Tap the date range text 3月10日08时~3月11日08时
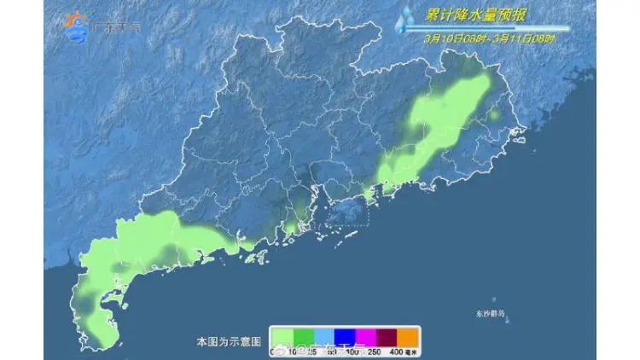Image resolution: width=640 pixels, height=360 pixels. coord(489,38)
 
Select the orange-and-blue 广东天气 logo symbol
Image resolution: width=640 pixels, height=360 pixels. coord(78,27)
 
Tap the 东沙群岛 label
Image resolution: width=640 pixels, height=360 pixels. coord(490,314)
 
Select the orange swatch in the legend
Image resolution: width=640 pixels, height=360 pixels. coord(409,336)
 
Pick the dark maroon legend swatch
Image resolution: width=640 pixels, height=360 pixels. coord(387,336)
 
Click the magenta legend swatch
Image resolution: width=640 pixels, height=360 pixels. coord(366,336)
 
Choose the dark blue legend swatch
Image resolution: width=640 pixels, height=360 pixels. coord(345,336)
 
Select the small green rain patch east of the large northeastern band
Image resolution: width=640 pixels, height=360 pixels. coord(494,114)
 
